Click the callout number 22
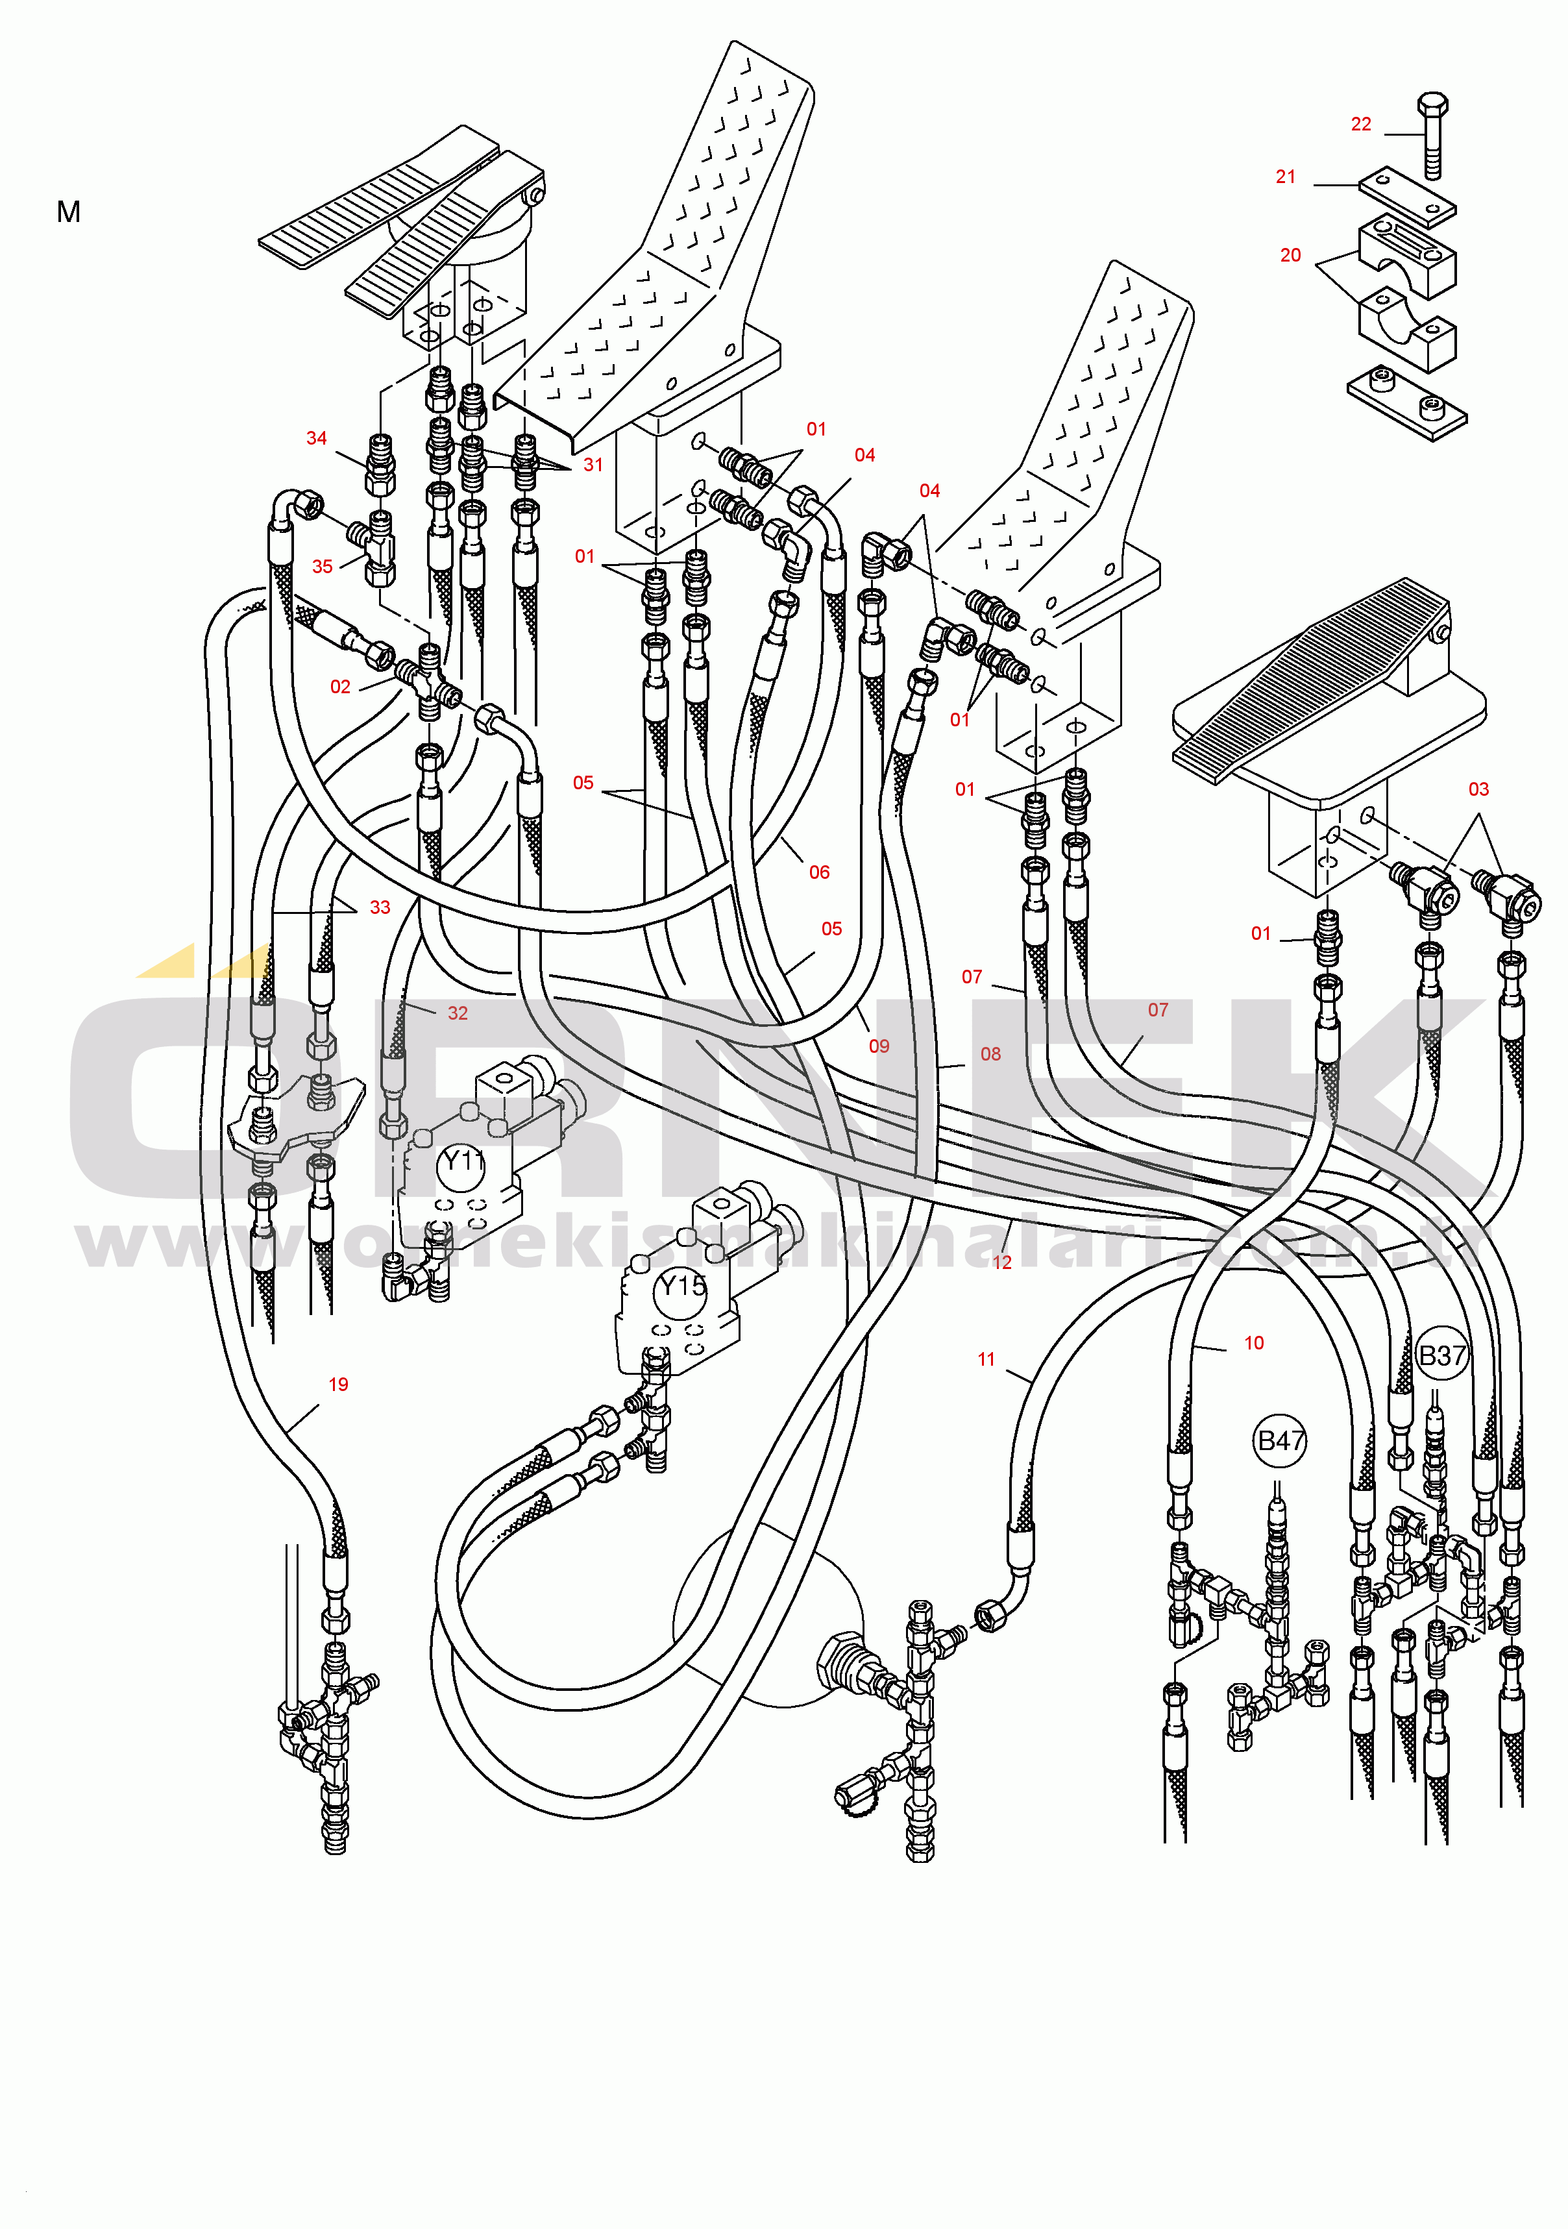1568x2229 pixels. (1360, 124)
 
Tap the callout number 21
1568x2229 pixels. (1286, 177)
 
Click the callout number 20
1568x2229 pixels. (1290, 255)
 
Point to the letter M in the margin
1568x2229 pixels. (69, 212)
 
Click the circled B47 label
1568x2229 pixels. (1280, 1441)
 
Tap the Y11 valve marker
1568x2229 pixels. (462, 1161)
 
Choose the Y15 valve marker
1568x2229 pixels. (683, 1287)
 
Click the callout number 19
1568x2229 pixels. (338, 1385)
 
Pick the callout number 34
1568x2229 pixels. (317, 438)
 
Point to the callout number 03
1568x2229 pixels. (1478, 789)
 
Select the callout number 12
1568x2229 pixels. (1002, 1262)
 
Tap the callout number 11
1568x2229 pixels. (986, 1359)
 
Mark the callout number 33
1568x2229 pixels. (380, 907)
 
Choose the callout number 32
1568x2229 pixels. (458, 1013)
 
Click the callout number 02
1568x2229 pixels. (340, 686)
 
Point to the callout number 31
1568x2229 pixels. (593, 464)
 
